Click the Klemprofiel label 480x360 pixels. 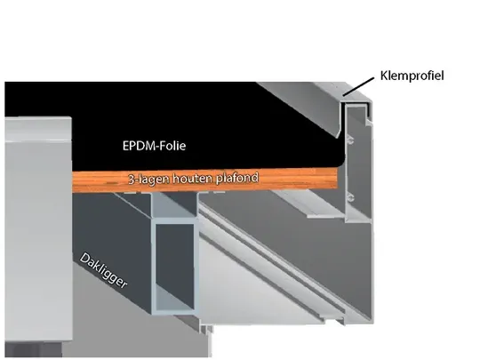[x=412, y=76]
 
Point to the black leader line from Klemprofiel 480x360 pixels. [x=358, y=86]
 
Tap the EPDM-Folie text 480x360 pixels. [x=154, y=146]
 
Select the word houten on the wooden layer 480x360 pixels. [x=192, y=179]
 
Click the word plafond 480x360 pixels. [x=237, y=178]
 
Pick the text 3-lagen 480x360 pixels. [x=148, y=180]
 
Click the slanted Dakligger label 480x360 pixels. [x=103, y=270]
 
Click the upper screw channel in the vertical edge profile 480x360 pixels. [x=351, y=141]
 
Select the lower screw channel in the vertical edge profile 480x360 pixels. [x=351, y=197]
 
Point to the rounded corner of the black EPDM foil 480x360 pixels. [x=340, y=162]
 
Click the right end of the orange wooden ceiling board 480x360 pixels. [x=337, y=179]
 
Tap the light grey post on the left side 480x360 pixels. [x=38, y=228]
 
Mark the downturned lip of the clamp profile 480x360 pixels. [x=339, y=132]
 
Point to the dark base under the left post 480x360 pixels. [x=33, y=349]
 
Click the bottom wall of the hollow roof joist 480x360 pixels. [x=175, y=310]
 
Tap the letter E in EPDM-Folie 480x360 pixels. [x=125, y=146]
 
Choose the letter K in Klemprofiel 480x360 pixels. [x=384, y=76]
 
